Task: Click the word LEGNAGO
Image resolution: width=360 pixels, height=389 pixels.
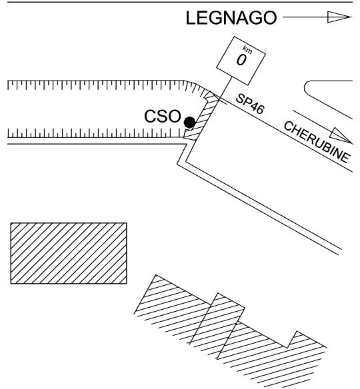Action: (231, 17)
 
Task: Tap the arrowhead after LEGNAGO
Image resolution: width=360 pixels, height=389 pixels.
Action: (339, 17)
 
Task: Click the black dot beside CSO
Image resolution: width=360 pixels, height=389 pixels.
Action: (189, 123)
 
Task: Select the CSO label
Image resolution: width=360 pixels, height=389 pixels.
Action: (163, 116)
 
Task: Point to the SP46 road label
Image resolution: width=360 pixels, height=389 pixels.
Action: (250, 104)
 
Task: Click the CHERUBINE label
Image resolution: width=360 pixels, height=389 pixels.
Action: (317, 142)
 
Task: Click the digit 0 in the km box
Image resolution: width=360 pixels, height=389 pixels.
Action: (241, 61)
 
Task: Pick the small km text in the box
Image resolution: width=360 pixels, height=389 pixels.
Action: (247, 50)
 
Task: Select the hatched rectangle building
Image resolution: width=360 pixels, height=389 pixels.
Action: (69, 253)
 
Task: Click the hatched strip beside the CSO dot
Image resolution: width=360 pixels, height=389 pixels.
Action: (201, 116)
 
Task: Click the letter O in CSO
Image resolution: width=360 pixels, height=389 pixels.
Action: (174, 116)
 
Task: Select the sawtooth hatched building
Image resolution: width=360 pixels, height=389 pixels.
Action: (230, 332)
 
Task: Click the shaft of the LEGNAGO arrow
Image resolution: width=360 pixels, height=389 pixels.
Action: (305, 17)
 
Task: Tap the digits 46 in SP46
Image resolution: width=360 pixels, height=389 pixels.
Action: (256, 107)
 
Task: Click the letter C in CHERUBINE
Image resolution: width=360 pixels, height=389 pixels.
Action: (289, 127)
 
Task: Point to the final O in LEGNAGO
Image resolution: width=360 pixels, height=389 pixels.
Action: (270, 17)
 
